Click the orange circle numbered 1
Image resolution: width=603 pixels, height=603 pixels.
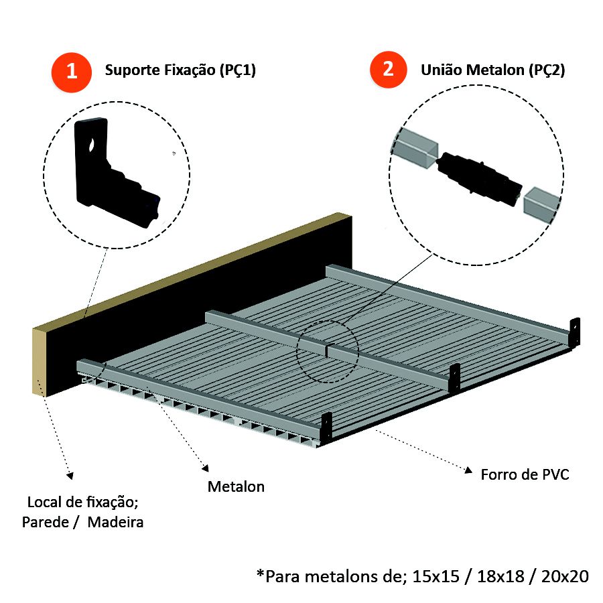pyautogui.click(x=71, y=70)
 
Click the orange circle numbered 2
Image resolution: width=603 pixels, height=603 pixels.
pyautogui.click(x=387, y=68)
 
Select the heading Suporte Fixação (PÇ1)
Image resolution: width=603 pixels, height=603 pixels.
pyautogui.click(x=180, y=70)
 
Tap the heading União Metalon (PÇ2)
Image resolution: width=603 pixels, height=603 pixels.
pyautogui.click(x=492, y=70)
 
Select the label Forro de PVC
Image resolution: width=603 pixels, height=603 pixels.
pyautogui.click(x=525, y=475)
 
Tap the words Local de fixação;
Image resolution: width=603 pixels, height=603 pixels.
pyautogui.click(x=83, y=503)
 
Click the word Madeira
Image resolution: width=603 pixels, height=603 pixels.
pyautogui.click(x=115, y=523)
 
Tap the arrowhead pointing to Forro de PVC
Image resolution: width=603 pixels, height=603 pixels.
pyautogui.click(x=469, y=470)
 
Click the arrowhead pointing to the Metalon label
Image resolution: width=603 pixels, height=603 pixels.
pyautogui.click(x=206, y=466)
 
